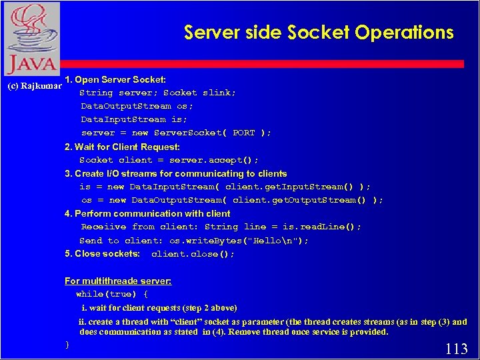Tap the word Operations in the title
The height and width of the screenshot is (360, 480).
tap(405, 32)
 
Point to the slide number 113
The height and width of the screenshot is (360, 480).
tap(456, 348)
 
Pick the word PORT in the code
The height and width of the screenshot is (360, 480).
tap(243, 133)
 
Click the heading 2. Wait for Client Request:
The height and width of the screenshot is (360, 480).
tap(122, 147)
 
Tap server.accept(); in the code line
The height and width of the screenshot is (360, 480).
tap(214, 160)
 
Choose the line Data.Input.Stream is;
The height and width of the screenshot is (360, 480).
tap(133, 119)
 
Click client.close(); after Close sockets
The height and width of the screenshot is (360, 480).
tap(193, 254)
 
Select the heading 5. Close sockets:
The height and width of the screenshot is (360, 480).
tap(102, 254)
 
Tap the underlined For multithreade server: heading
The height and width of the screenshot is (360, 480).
tap(117, 281)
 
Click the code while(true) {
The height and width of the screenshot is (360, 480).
tap(111, 294)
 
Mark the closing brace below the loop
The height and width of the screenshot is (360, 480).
tap(67, 345)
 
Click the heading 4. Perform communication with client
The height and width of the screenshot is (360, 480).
tap(147, 213)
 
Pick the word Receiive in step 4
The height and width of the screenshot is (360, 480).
tap(103, 227)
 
